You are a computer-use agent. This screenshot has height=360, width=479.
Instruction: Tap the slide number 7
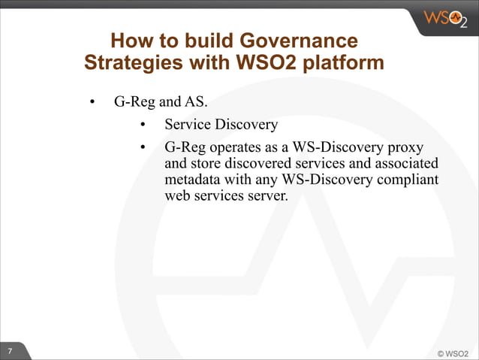click(x=11, y=352)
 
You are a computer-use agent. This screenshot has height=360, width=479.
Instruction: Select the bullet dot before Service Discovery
click(x=143, y=125)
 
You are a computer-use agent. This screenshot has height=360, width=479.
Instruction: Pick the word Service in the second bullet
click(x=186, y=124)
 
